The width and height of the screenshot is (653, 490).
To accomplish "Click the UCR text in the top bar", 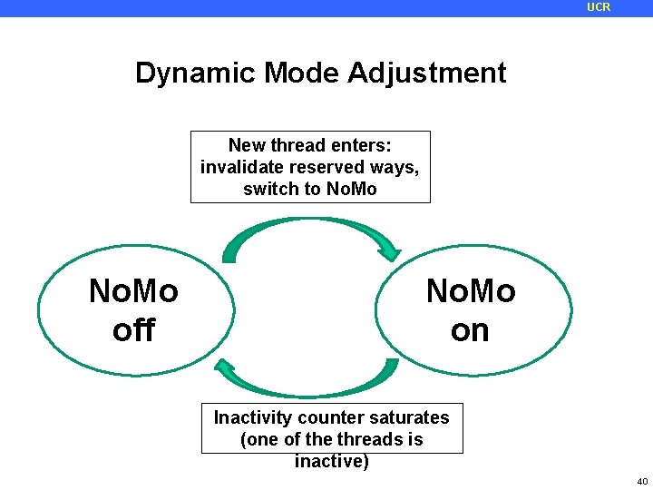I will click(599, 7).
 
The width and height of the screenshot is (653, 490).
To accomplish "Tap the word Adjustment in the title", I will click(426, 73).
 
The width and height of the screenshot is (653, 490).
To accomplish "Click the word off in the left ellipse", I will click(133, 330).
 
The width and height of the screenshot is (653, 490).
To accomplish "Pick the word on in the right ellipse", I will click(470, 330).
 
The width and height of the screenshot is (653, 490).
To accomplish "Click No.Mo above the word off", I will click(133, 291).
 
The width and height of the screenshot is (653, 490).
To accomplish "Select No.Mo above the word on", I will click(470, 291).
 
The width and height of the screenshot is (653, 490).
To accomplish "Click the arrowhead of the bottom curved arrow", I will click(226, 371).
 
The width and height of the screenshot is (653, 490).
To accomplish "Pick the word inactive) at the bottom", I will click(332, 461).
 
